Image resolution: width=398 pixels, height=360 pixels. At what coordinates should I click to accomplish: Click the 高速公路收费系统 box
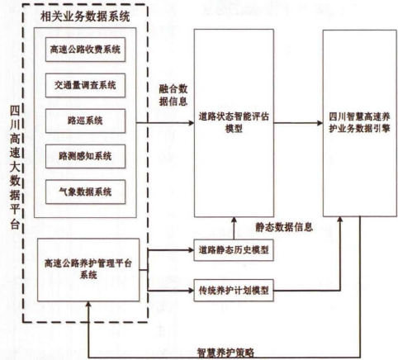[x=85, y=50]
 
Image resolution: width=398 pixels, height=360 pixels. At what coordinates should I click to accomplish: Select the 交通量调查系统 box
[x=85, y=85]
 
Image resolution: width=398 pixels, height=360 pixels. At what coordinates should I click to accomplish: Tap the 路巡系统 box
[x=85, y=121]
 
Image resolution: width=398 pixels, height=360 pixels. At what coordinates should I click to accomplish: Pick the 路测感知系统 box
[x=85, y=156]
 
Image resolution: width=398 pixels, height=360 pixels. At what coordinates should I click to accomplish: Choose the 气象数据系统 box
[x=85, y=192]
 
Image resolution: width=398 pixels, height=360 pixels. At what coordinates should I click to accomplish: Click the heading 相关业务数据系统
[x=85, y=17]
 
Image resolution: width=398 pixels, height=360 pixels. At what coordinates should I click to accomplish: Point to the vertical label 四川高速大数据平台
[x=15, y=168]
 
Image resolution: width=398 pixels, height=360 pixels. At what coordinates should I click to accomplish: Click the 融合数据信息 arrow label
[x=173, y=95]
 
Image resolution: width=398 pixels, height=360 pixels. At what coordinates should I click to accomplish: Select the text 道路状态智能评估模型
[x=234, y=122]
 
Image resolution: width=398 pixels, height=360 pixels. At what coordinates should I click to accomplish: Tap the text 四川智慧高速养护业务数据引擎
[x=359, y=122]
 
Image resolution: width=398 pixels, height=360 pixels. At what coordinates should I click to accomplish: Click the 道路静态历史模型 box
[x=234, y=250]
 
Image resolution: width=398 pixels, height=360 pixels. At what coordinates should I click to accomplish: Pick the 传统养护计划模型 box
[x=234, y=291]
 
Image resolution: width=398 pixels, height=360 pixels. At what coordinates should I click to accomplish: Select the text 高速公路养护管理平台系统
[x=88, y=269]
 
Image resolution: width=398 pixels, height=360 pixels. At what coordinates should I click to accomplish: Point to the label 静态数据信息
[x=284, y=227]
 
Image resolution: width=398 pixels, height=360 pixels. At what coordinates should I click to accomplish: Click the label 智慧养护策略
[x=225, y=353]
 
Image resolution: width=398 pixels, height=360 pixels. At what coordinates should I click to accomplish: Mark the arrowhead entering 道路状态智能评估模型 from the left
[x=192, y=123]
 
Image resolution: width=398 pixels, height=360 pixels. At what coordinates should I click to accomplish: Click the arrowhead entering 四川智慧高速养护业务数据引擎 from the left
[x=320, y=123]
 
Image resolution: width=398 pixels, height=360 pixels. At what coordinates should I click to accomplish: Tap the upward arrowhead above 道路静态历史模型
[x=234, y=220]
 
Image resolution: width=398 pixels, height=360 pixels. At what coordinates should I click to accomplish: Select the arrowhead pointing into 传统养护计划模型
[x=192, y=291]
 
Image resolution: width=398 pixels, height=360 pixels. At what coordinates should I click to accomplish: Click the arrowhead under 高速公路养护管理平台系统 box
[x=88, y=304]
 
